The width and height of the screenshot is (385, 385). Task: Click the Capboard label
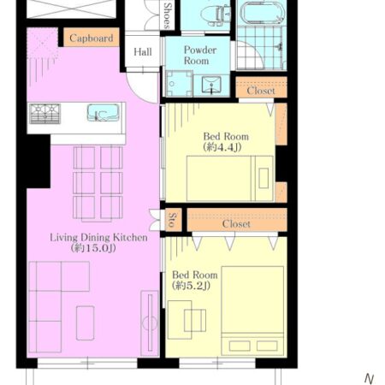(92, 38)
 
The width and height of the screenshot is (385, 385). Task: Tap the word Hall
(143, 52)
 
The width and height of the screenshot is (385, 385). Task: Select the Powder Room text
(200, 56)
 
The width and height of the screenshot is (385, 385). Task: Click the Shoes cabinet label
(168, 15)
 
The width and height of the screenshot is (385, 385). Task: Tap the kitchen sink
(104, 113)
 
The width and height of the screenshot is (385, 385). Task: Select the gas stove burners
(45, 114)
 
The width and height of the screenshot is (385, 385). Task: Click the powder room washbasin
(211, 85)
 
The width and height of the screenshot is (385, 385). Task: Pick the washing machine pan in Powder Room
(180, 84)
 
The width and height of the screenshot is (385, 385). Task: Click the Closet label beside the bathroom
(261, 91)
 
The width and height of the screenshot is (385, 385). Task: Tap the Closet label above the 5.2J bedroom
(236, 224)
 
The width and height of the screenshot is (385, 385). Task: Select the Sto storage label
(173, 220)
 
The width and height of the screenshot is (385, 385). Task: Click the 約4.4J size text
(222, 147)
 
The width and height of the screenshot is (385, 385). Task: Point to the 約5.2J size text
(191, 286)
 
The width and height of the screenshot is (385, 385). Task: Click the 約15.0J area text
(93, 248)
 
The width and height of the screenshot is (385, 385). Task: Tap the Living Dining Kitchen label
(98, 237)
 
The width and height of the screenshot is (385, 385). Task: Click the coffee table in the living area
(86, 323)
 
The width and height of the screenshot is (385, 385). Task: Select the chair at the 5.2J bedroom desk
(195, 321)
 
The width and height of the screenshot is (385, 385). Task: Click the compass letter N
(370, 379)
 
